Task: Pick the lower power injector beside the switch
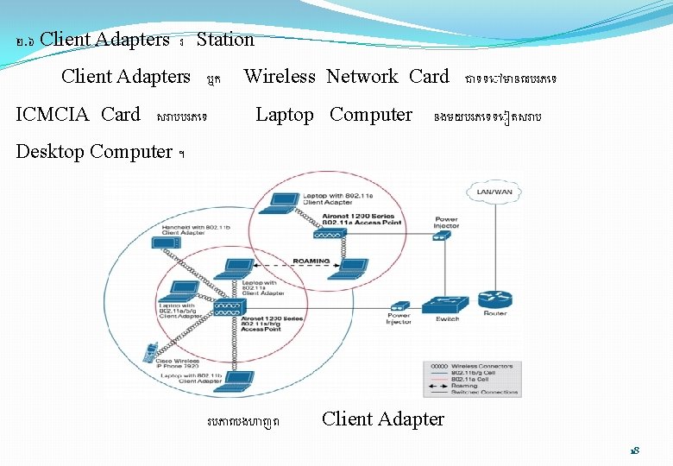coord(399,306)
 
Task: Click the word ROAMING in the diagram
coord(311,261)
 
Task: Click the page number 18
coord(634,451)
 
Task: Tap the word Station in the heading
coord(225,40)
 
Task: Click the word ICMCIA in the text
coord(55,115)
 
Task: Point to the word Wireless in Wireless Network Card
coord(280,77)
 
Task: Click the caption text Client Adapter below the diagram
coord(383,419)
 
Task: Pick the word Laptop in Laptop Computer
coord(285,115)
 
